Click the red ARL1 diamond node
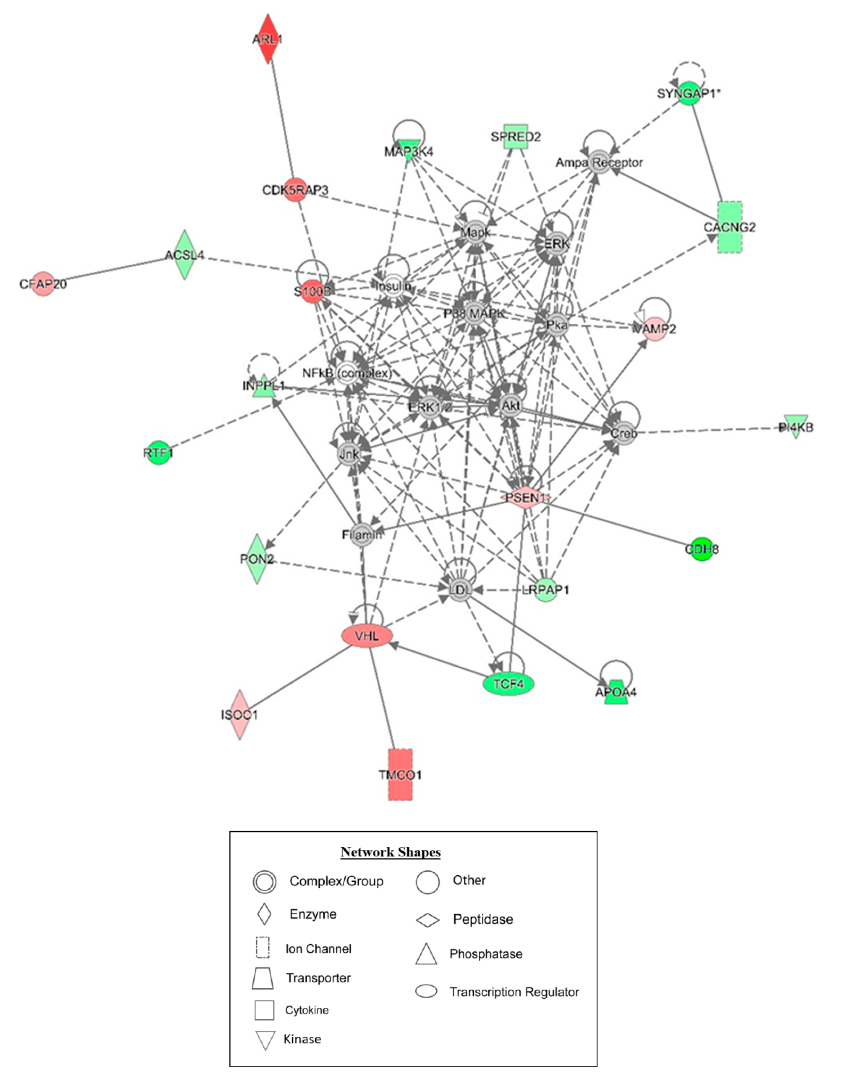coord(268,39)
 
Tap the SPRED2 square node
coord(516,137)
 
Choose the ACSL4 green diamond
coord(185,255)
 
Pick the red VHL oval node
coord(367,636)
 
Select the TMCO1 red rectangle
coord(400,774)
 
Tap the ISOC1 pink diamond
coord(240,715)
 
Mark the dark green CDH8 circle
coord(702,549)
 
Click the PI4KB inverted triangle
coord(796,426)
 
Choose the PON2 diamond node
coord(257,559)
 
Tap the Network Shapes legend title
coord(391,852)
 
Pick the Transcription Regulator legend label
coord(514,992)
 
